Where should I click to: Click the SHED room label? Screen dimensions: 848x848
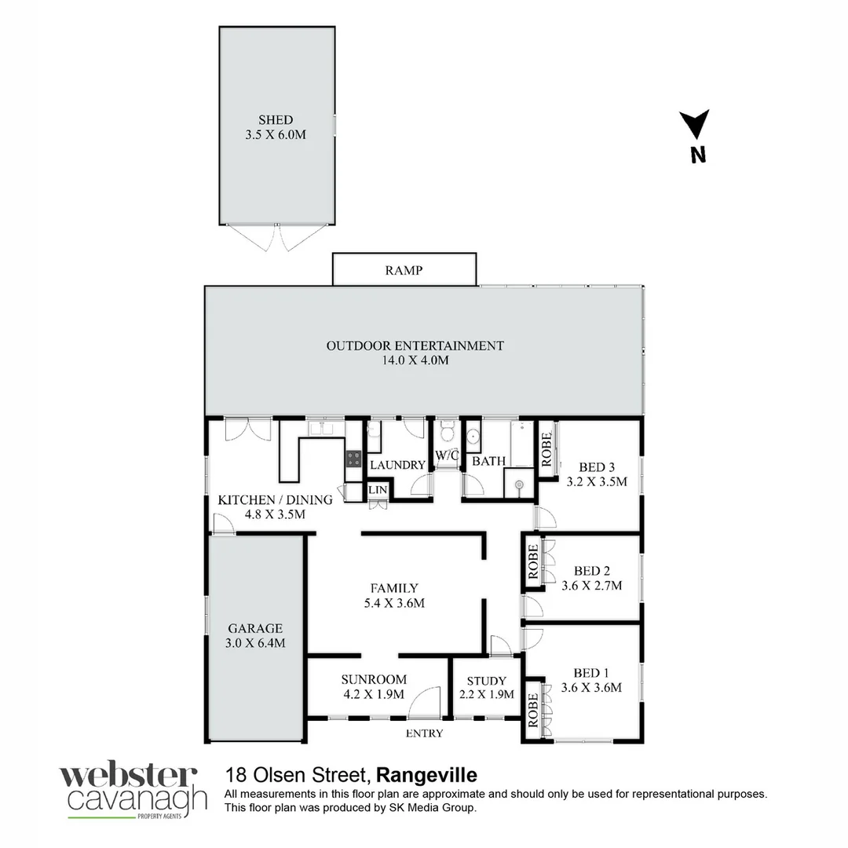(x=276, y=120)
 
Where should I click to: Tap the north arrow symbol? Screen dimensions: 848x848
(x=695, y=126)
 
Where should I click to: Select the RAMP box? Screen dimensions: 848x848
(x=404, y=270)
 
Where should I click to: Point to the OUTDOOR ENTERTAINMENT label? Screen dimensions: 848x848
(x=415, y=345)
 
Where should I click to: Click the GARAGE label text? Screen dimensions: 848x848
(x=255, y=628)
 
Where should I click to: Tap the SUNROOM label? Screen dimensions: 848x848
(x=374, y=679)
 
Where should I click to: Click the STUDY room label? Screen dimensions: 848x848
(x=486, y=681)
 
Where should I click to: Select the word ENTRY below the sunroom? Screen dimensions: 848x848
(x=424, y=733)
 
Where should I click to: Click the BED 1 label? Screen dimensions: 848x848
(x=591, y=673)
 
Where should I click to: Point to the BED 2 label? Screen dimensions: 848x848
(x=592, y=571)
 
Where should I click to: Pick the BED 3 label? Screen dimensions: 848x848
(x=597, y=466)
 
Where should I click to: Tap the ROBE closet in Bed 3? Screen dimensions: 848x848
(x=544, y=446)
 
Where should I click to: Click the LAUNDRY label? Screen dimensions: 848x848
(x=397, y=465)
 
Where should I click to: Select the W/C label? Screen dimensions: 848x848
(x=447, y=455)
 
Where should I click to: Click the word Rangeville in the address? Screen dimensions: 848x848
(x=427, y=775)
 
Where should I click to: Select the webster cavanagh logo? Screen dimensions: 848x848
(x=133, y=791)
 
